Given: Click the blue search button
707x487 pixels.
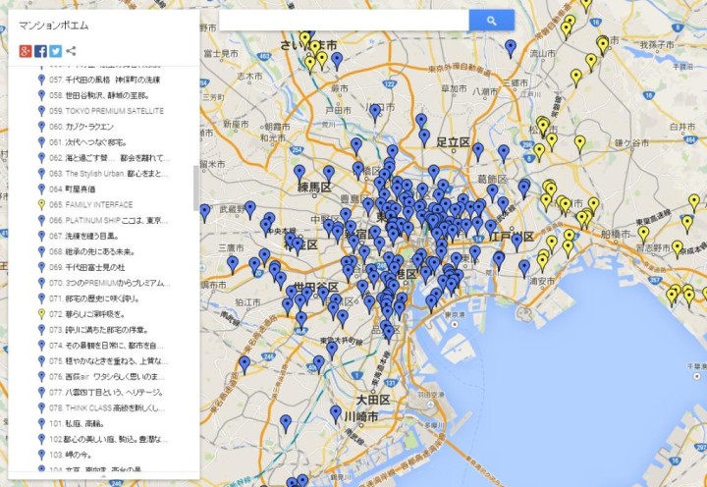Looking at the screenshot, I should pyautogui.click(x=491, y=20).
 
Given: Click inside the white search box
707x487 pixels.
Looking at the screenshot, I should pyautogui.click(x=344, y=20).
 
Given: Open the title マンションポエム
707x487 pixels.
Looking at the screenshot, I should pyautogui.click(x=47, y=23).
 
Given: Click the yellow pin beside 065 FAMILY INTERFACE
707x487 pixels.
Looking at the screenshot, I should pyautogui.click(x=41, y=204).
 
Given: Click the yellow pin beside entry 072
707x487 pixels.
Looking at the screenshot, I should pyautogui.click(x=41, y=313).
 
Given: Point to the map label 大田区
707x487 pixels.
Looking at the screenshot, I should pyautogui.click(x=373, y=401).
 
